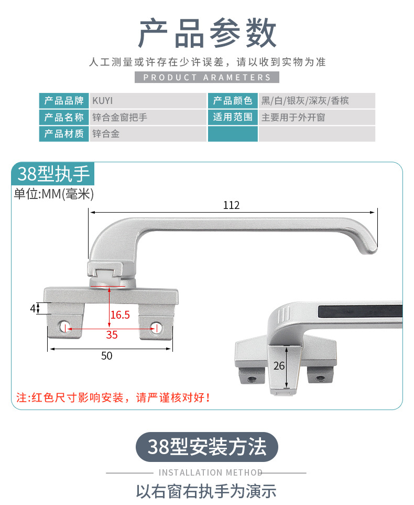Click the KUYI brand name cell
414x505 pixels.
coord(148,101)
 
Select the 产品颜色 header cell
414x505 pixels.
coord(233,101)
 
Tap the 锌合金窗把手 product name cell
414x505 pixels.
coord(148,117)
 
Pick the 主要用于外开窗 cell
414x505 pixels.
coord(317,117)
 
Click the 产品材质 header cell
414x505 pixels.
coord(64,134)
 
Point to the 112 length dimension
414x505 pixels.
coord(232,205)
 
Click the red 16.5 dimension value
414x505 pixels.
coord(120,314)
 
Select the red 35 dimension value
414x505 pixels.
coord(112,335)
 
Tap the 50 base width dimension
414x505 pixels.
coord(107,356)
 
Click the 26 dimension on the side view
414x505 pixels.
coord(279,366)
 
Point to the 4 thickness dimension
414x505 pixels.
coord(32,309)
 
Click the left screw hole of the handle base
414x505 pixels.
coord(64,327)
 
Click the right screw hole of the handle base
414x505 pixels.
coord(156,328)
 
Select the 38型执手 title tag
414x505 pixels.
coord(53,174)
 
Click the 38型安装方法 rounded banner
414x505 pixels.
coord(207,447)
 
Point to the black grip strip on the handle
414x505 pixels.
coord(361,311)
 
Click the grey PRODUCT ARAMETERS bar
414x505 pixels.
coord(207,77)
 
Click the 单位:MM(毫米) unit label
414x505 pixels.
coord(53,194)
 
